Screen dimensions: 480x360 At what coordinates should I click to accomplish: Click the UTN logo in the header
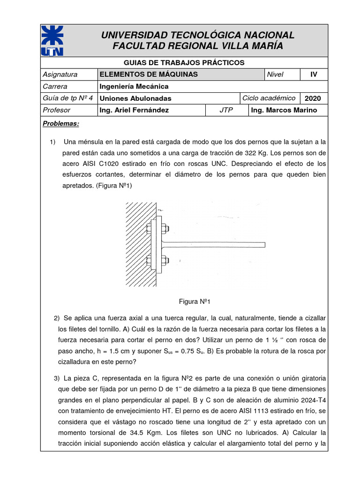(52, 41)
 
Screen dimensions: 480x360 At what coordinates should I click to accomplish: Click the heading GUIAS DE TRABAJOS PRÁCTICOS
(184, 62)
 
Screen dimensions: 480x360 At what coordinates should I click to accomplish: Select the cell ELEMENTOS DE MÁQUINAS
(149, 75)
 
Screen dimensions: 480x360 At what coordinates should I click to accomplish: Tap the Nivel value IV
(314, 75)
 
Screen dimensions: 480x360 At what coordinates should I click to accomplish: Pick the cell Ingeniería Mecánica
(134, 86)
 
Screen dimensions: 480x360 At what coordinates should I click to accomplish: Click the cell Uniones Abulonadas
(135, 98)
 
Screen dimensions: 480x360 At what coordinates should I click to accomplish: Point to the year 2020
(313, 98)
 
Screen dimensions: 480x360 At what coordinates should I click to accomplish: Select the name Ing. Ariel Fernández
(134, 110)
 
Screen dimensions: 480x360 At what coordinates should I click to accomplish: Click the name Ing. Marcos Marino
(284, 110)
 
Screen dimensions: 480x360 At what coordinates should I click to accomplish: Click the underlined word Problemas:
(61, 124)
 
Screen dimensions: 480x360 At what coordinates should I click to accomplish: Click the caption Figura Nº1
(195, 301)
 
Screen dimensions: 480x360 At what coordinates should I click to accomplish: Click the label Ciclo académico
(269, 98)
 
